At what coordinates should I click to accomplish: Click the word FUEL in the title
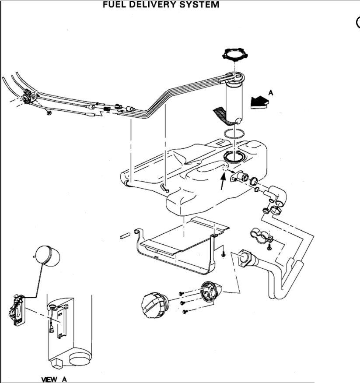pyautogui.click(x=115, y=5)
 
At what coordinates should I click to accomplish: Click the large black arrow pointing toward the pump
pyautogui.click(x=259, y=102)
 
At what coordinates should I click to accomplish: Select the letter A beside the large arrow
pyautogui.click(x=270, y=92)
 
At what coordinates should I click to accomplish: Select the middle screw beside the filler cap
pyautogui.click(x=182, y=302)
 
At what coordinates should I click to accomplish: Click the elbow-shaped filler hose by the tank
pyautogui.click(x=275, y=195)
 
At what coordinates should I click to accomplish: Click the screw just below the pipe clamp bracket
pyautogui.click(x=269, y=248)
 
